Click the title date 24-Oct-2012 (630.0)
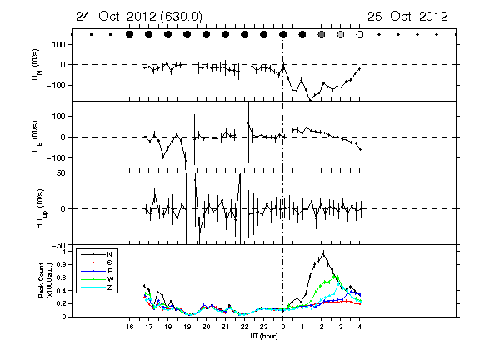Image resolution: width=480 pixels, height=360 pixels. (139, 17)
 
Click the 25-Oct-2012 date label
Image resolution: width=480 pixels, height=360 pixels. (407, 17)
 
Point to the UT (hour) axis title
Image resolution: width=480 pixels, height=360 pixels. (264, 336)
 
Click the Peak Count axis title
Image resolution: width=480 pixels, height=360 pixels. (45, 280)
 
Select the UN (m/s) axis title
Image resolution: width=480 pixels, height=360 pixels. (36, 65)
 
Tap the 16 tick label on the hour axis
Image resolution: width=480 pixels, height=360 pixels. (129, 327)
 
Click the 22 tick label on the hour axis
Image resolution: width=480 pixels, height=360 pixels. (245, 327)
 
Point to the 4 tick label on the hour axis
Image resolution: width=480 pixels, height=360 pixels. (360, 327)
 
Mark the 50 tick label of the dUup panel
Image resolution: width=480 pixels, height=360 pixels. (61, 173)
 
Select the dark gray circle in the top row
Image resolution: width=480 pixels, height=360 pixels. (322, 35)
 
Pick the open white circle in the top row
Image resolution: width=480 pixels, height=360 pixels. (360, 35)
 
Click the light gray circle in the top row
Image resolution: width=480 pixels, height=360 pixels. (340, 35)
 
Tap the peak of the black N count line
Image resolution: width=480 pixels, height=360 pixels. (323, 252)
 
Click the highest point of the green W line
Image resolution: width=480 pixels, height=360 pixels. (334, 276)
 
